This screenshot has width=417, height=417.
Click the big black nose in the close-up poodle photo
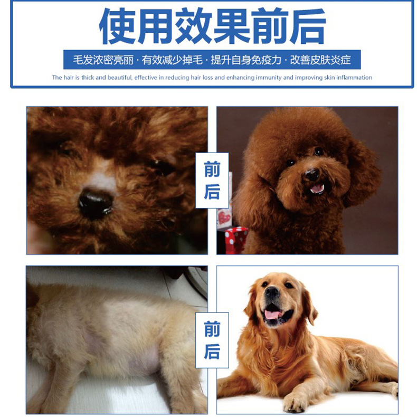click(x=96, y=203)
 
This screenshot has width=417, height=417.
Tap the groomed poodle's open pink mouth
click(x=317, y=188)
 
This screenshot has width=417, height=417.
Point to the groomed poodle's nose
click(x=311, y=175)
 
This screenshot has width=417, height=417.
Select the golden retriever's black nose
click(x=272, y=292)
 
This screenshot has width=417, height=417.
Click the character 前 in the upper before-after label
click(x=212, y=169)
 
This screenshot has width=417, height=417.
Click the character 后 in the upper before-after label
click(x=212, y=192)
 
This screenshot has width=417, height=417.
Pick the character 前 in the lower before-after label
click(x=212, y=329)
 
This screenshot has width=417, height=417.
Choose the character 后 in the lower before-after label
click(x=212, y=351)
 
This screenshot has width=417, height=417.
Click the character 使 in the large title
click(x=118, y=26)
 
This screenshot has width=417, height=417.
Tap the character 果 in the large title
click(x=231, y=26)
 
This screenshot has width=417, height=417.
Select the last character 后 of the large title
click(x=307, y=26)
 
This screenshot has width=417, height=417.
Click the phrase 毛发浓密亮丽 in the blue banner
click(x=103, y=60)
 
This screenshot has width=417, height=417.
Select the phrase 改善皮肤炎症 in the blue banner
click(x=320, y=60)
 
